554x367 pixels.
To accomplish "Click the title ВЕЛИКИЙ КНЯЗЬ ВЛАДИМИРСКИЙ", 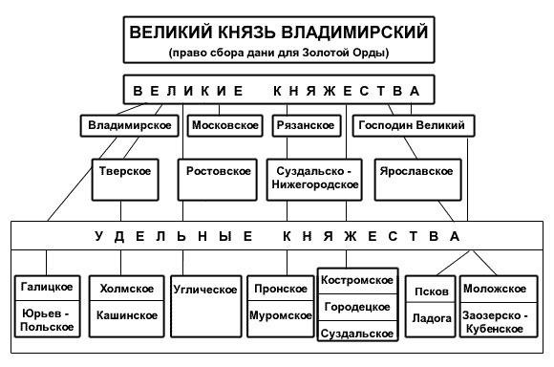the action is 278,32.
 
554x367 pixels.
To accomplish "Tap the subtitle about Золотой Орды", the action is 279,53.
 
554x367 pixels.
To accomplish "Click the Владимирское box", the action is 130,125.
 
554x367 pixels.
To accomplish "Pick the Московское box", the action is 225,125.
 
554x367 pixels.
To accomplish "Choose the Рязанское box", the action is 307,125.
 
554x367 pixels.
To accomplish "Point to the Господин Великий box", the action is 414,125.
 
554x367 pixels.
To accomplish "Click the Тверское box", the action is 125,180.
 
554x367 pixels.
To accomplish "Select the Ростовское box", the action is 217,180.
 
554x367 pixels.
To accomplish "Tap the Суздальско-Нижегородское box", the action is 314,180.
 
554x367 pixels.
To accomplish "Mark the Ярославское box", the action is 418,180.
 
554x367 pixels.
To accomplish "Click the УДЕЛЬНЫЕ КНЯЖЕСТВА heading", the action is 277,236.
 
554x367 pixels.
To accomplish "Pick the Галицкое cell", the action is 48,288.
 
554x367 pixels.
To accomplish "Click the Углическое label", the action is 205,290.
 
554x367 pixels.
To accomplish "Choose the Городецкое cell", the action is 358,307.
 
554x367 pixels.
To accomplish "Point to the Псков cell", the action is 431,290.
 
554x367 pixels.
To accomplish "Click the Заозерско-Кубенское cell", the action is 499,319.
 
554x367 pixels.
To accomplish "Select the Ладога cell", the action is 431,319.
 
